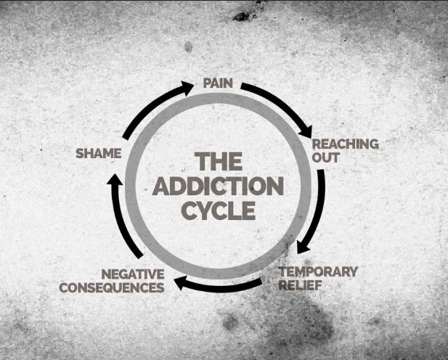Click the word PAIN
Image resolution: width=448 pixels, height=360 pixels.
[x=217, y=83]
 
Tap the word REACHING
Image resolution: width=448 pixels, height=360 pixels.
[x=345, y=144]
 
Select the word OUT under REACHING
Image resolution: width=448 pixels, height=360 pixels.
[x=325, y=157]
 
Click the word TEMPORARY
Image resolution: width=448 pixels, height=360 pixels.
[x=318, y=271]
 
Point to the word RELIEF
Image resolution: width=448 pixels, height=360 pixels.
[x=300, y=285]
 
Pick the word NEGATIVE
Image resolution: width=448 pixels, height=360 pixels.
[x=132, y=274]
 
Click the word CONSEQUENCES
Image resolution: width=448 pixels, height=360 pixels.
[x=111, y=287]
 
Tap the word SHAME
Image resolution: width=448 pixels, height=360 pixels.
[x=98, y=154]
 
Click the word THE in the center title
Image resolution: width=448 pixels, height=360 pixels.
[x=219, y=161]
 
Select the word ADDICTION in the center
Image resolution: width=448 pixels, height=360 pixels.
[x=218, y=187]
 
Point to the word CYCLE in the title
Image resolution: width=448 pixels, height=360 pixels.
[x=218, y=211]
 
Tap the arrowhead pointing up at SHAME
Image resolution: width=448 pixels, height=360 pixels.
[x=115, y=179]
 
